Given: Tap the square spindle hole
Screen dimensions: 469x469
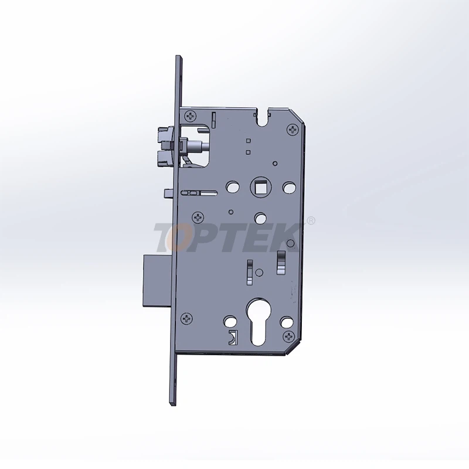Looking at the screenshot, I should tap(259, 187).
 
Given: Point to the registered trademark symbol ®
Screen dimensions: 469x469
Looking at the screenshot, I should tap(311, 221).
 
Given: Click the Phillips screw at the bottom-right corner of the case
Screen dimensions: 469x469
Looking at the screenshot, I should tap(288, 337).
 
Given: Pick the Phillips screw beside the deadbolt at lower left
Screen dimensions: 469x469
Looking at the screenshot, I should tap(188, 318).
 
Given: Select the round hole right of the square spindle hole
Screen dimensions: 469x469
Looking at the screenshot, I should tap(287, 187).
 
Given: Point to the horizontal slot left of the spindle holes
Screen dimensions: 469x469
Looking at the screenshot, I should tap(199, 192).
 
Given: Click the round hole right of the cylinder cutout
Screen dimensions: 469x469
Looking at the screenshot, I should tap(286, 322).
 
